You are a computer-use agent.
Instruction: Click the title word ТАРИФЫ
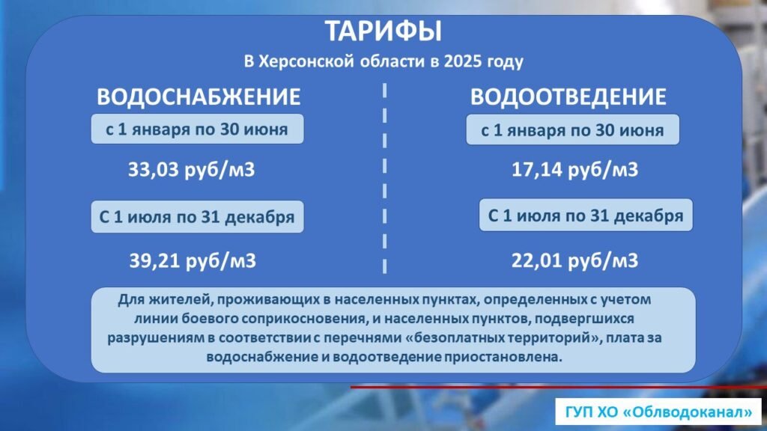[383, 31]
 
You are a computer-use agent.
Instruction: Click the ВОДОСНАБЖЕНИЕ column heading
[198, 97]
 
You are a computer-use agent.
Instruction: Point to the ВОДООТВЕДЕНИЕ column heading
[568, 97]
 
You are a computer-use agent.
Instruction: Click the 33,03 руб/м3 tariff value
[191, 170]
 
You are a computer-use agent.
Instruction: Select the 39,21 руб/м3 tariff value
[192, 260]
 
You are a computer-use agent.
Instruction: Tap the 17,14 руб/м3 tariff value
[575, 170]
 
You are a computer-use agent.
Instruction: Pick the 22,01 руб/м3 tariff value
[575, 260]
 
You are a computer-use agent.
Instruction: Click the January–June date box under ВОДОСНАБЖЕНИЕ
[197, 129]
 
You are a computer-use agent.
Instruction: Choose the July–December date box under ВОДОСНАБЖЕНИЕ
[197, 216]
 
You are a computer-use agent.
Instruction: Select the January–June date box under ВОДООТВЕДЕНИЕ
[572, 129]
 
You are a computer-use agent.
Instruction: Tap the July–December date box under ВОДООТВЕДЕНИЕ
[586, 215]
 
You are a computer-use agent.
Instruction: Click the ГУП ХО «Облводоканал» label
[658, 412]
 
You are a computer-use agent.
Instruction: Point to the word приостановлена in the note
[503, 357]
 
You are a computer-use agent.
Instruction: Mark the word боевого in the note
[202, 319]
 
